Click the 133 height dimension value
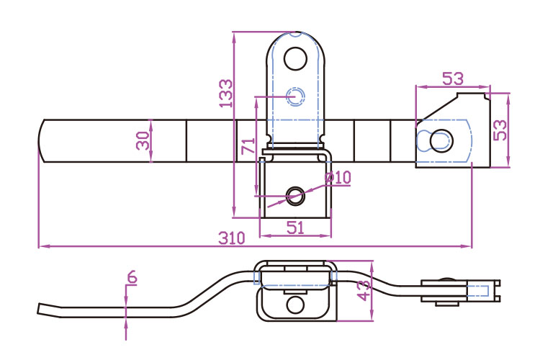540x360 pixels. coord(226,94)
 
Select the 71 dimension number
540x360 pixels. coord(248,146)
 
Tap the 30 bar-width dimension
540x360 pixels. coord(143,140)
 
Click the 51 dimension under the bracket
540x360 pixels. coord(296,228)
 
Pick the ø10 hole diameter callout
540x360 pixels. coord(338,177)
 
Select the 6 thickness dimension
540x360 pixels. coord(130,276)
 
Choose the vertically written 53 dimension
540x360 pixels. coord(500,130)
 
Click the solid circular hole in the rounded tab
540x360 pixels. coord(295,58)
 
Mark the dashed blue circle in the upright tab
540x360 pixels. coord(295,96)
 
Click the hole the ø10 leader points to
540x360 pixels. coord(295,194)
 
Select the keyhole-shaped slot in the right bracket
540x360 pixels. coord(436,140)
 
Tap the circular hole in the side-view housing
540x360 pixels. coord(295,305)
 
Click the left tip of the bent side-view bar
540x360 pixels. coord(40,309)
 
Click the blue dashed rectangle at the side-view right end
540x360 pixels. coord(480,291)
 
